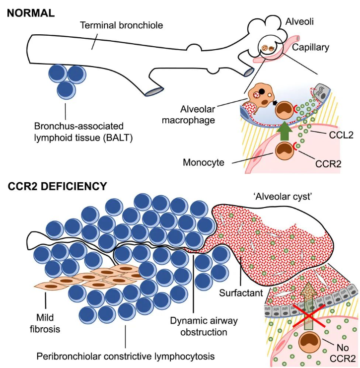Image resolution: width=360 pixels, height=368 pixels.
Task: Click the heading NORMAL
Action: (30, 12)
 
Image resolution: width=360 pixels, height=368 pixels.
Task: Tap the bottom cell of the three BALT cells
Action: (67, 90)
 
